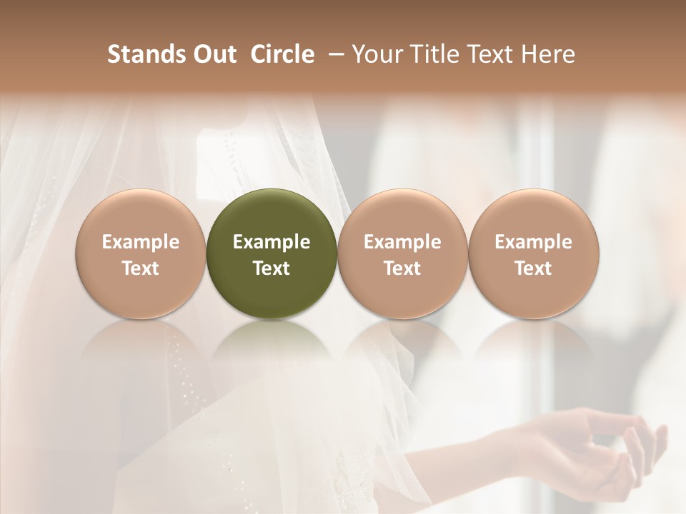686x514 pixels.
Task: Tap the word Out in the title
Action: coord(212,54)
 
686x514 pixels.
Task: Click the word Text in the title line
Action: coord(491,54)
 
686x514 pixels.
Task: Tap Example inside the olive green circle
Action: coord(272,242)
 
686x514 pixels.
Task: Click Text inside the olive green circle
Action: coord(272,268)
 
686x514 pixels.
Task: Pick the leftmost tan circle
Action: coord(141,253)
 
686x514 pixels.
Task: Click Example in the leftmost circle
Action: coord(141,242)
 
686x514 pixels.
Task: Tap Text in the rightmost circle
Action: coord(534,268)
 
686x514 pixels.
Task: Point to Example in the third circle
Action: coord(402,242)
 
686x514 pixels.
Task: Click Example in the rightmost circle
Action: coord(534,242)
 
